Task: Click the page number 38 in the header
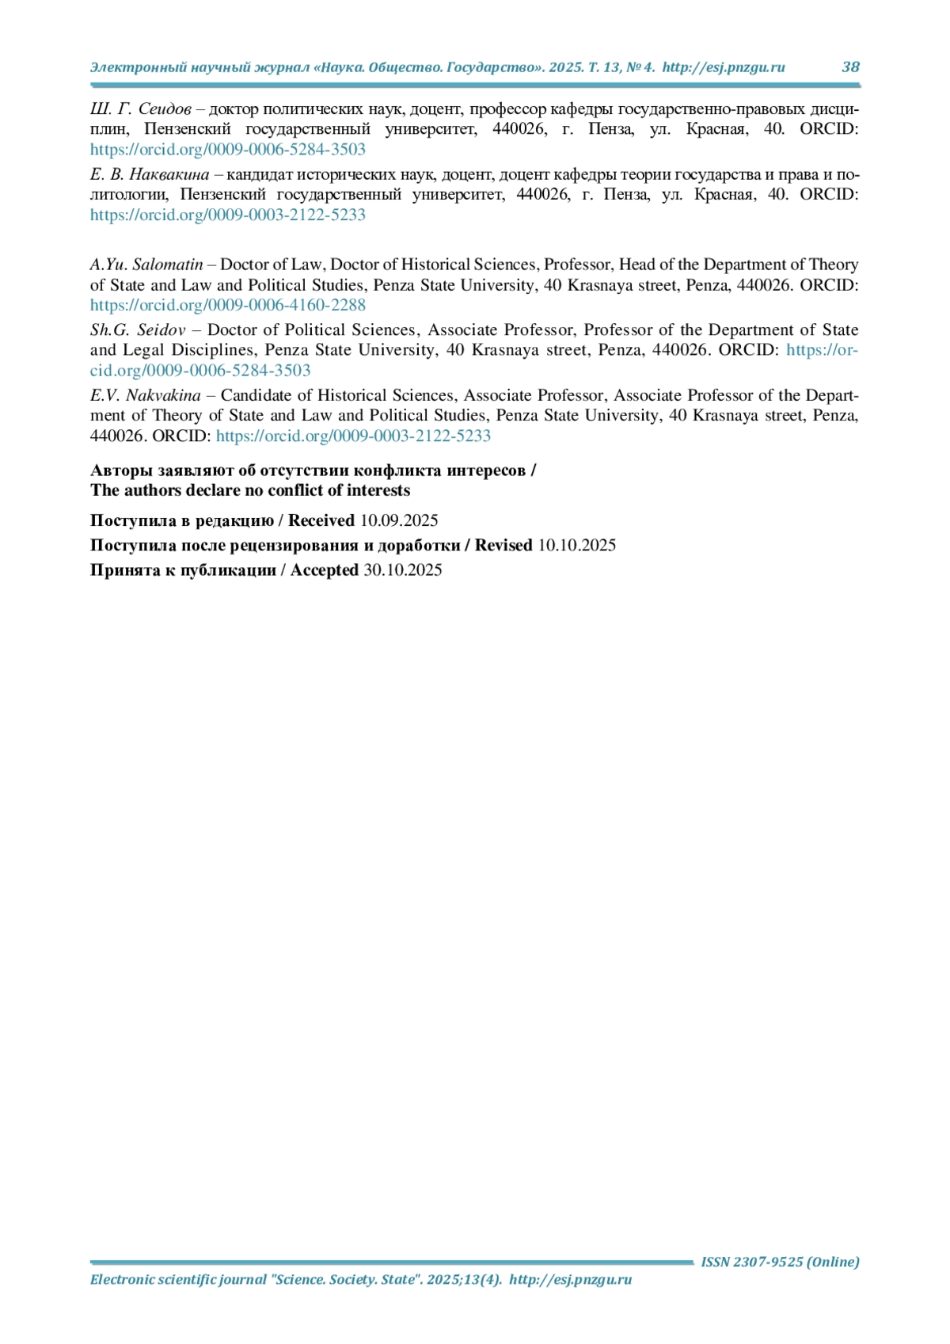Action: [x=850, y=67]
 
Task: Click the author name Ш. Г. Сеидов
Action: [x=140, y=109]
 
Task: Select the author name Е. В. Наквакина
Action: [x=150, y=175]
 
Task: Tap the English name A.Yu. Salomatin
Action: [x=146, y=265]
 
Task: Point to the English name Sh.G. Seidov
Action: [x=138, y=330]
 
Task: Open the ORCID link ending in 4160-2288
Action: [x=228, y=306]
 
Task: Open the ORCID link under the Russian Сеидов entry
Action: [x=228, y=150]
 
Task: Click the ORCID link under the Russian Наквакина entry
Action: [x=228, y=215]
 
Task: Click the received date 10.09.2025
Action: [x=399, y=521]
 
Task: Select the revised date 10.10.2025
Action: [x=576, y=546]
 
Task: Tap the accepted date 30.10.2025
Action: [x=402, y=570]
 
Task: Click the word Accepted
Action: [x=325, y=570]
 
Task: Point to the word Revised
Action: [x=503, y=546]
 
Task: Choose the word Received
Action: [x=321, y=521]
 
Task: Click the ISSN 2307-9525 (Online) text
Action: [x=780, y=1262]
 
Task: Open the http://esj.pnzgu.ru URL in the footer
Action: [x=570, y=1280]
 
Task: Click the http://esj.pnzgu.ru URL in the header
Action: [x=724, y=67]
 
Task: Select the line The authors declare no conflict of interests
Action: [x=250, y=491]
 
